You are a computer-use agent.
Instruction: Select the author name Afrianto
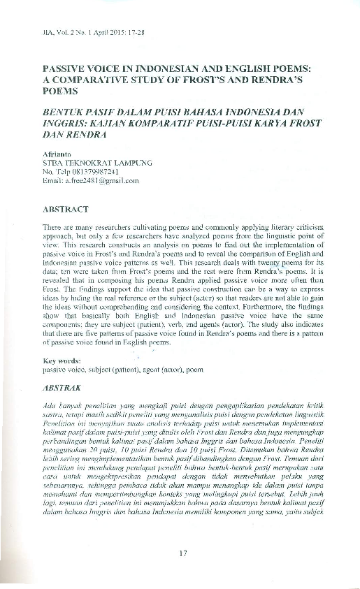point(58,154)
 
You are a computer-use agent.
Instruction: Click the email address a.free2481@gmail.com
point(91,180)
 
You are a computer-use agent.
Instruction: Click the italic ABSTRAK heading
point(62,386)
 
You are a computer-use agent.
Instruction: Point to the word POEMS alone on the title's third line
point(59,91)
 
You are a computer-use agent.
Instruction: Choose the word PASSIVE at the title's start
point(65,70)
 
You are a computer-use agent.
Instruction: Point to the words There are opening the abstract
point(58,228)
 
